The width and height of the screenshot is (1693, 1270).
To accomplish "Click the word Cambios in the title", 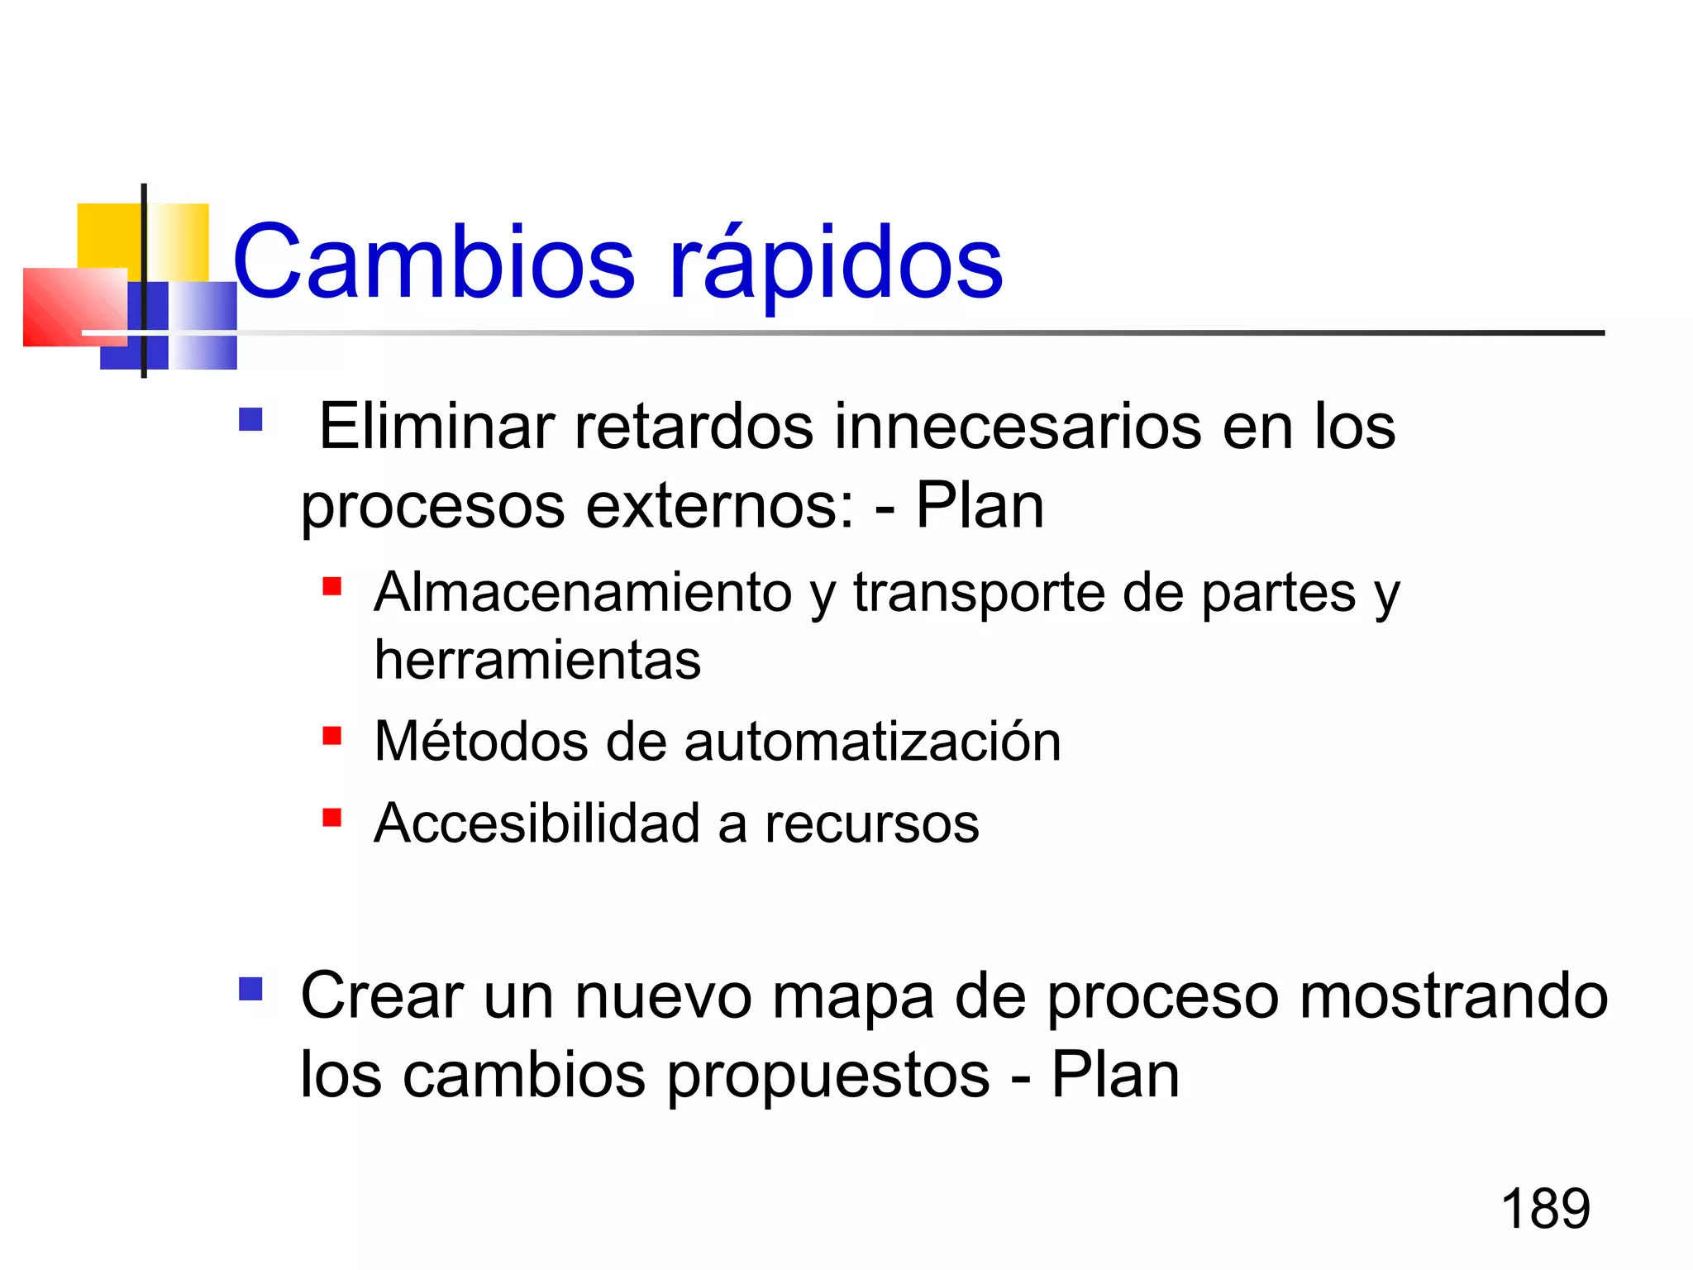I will (x=434, y=263).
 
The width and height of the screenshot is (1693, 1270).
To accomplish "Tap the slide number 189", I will (x=1545, y=1209).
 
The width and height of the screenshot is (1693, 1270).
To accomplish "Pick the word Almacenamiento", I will (x=583, y=593).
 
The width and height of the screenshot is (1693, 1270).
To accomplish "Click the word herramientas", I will (x=537, y=661).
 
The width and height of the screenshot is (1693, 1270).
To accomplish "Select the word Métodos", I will (x=479, y=741).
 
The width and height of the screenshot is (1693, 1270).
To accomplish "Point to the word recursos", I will (x=871, y=825).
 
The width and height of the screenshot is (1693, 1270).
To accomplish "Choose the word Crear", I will (x=381, y=996).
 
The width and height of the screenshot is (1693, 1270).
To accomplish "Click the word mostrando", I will (x=1453, y=996).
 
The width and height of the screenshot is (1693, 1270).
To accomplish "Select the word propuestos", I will (x=828, y=1076).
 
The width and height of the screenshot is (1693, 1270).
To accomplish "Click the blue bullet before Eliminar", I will (x=250, y=420).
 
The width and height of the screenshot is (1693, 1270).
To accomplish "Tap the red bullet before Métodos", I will (x=332, y=735).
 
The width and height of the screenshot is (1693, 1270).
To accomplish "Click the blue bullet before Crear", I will (x=250, y=989).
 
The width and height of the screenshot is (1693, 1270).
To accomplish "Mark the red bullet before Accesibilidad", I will (x=332, y=818).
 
